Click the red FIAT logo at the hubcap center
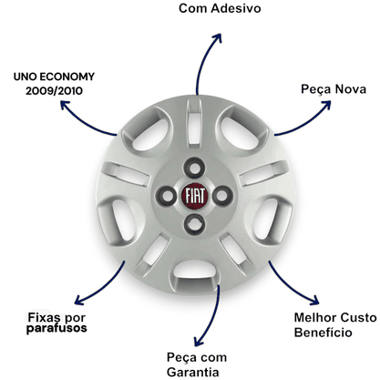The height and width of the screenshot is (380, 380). (x=195, y=196)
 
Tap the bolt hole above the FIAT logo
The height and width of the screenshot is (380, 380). (x=194, y=168)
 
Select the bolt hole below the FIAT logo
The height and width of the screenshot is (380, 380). (x=194, y=224)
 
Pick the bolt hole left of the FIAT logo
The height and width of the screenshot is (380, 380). (x=167, y=196)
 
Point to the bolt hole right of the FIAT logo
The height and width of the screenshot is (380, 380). (x=222, y=196)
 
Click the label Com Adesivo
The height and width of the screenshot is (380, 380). (x=220, y=8)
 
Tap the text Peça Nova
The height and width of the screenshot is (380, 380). (x=334, y=89)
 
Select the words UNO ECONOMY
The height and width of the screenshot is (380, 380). (x=54, y=77)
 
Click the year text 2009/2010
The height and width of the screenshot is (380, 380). (x=54, y=91)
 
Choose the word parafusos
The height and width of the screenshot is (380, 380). (x=56, y=329)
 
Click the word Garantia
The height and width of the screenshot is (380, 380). (x=193, y=372)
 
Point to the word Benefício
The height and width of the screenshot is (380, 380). (x=323, y=332)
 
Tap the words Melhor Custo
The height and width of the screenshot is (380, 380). (x=335, y=318)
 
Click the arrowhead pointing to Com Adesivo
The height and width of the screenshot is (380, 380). (x=218, y=37)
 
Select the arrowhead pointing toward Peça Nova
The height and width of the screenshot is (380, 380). (x=326, y=105)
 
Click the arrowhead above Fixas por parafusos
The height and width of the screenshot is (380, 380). (x=78, y=300)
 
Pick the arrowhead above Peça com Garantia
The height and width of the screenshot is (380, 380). (x=198, y=342)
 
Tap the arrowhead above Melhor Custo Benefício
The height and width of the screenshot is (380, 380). (x=315, y=300)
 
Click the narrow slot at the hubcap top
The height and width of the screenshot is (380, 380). (x=194, y=123)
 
